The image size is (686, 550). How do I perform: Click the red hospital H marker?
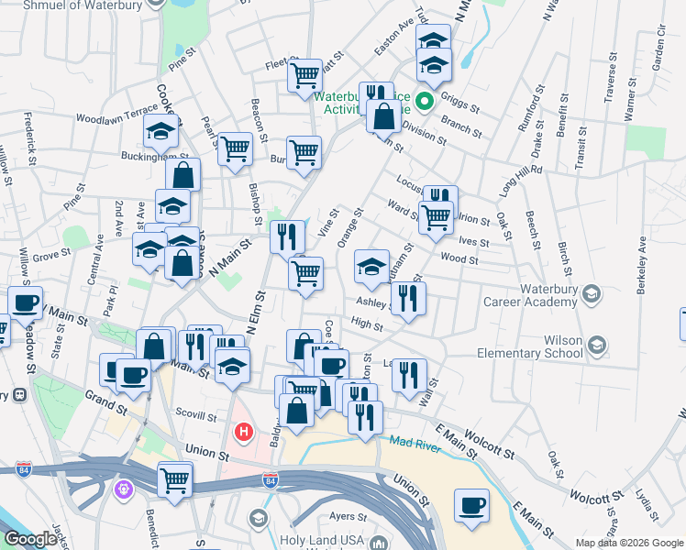(244, 431)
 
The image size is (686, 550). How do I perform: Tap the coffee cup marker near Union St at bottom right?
(471, 506)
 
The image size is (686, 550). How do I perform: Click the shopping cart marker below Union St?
(174, 478)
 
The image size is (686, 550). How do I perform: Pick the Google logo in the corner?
(29, 539)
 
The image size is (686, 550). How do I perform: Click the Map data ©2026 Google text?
(629, 543)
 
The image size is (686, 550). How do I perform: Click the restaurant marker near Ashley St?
(408, 297)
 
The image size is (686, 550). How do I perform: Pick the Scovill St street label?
(196, 414)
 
